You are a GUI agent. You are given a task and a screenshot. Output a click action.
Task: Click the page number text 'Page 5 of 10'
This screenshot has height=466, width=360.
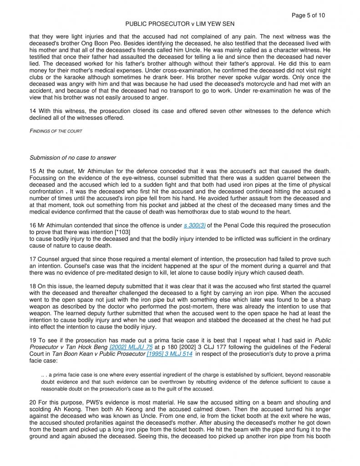tap(308, 15)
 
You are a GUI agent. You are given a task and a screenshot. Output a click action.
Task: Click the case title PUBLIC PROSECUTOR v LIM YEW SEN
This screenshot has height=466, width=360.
tap(180, 24)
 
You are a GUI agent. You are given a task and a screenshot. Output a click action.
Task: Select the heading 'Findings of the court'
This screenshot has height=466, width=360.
tap(56, 131)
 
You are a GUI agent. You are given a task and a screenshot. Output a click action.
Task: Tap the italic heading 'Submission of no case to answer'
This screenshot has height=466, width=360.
tap(73, 158)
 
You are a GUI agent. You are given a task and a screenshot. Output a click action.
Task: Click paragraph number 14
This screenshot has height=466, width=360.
tap(33, 111)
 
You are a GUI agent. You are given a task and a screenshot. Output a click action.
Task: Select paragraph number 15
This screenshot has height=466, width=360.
tap(33, 171)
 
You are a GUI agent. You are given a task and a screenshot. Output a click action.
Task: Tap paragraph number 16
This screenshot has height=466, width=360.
tap(33, 225)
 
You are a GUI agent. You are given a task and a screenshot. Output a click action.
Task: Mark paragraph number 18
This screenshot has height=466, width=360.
tap(33, 286)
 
